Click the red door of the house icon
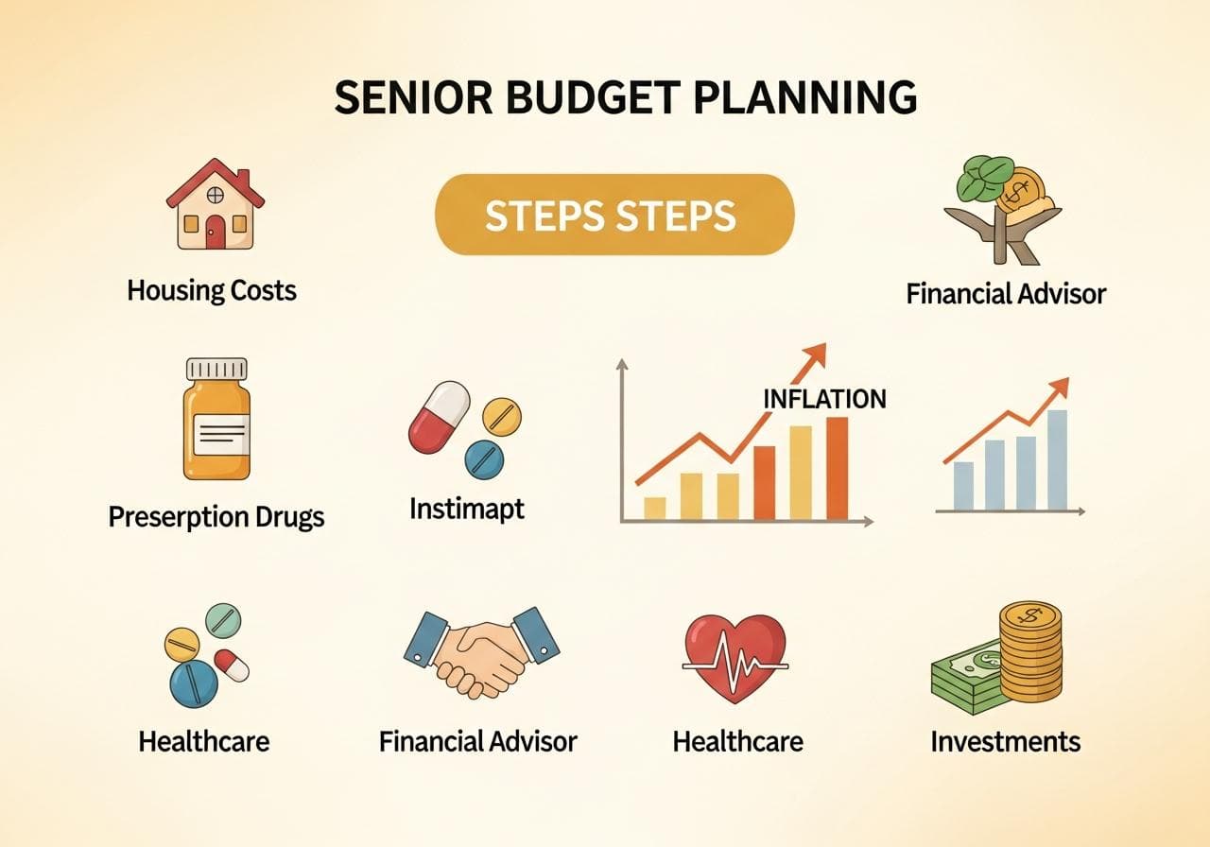click(216, 231)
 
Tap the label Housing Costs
click(212, 289)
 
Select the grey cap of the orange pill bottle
click(216, 369)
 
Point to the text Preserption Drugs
click(216, 517)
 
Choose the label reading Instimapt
click(466, 509)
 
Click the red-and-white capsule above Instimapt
click(439, 416)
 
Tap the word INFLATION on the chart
click(824, 399)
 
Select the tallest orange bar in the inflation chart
click(837, 468)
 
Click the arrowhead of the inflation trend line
click(816, 354)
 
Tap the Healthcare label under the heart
click(737, 741)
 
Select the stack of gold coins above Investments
click(1029, 651)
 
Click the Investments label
click(1005, 741)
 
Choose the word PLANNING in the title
click(808, 97)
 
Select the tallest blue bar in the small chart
click(1057, 459)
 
